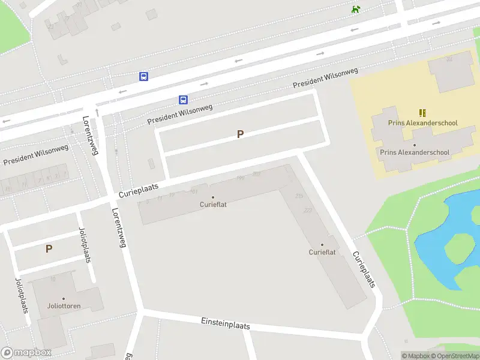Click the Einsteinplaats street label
225,324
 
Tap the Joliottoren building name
64,306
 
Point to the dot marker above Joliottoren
64,298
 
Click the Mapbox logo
26,353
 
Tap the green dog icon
356,9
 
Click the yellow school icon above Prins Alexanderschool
423,113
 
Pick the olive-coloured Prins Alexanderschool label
422,123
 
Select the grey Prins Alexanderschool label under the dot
415,152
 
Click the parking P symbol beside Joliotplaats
49,248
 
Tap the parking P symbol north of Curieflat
240,134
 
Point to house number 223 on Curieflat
308,210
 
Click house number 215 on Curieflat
299,196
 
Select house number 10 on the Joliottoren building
53,279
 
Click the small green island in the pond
459,247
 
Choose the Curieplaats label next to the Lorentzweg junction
139,191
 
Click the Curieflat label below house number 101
213,205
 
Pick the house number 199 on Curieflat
241,178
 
